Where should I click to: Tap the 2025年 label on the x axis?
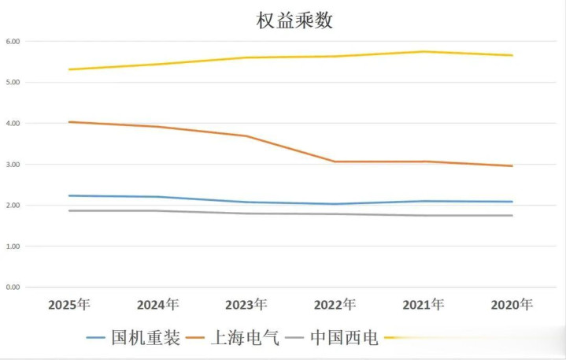click(x=69, y=304)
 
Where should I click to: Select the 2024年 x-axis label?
click(x=157, y=304)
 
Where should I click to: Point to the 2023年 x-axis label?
click(x=246, y=304)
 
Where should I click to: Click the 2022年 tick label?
click(x=335, y=304)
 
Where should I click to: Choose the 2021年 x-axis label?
click(x=424, y=304)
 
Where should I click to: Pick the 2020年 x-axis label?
click(x=512, y=304)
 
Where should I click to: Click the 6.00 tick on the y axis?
click(x=13, y=41)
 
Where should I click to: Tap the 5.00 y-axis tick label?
click(x=13, y=82)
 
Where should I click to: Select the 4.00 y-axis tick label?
click(x=13, y=124)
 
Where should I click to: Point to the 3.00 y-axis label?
click(x=13, y=165)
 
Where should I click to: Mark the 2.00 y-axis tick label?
click(x=13, y=206)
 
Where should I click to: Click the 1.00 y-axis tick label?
click(x=13, y=247)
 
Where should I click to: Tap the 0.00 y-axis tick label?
click(x=13, y=288)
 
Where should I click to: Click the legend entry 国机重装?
click(x=145, y=338)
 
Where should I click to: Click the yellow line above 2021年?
click(x=424, y=52)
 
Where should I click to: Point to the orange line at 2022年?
click(x=335, y=161)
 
